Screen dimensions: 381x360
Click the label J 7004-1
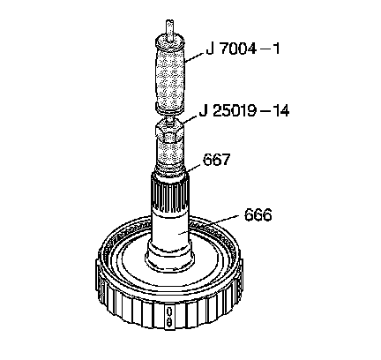(243, 49)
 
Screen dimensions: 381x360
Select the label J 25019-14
(244, 111)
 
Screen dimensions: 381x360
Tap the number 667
(216, 160)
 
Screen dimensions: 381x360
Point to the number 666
(258, 215)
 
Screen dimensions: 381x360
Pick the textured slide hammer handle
(170, 78)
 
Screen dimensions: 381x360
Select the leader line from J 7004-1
(195, 58)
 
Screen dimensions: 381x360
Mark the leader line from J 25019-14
(189, 119)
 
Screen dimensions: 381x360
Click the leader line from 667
(193, 168)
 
